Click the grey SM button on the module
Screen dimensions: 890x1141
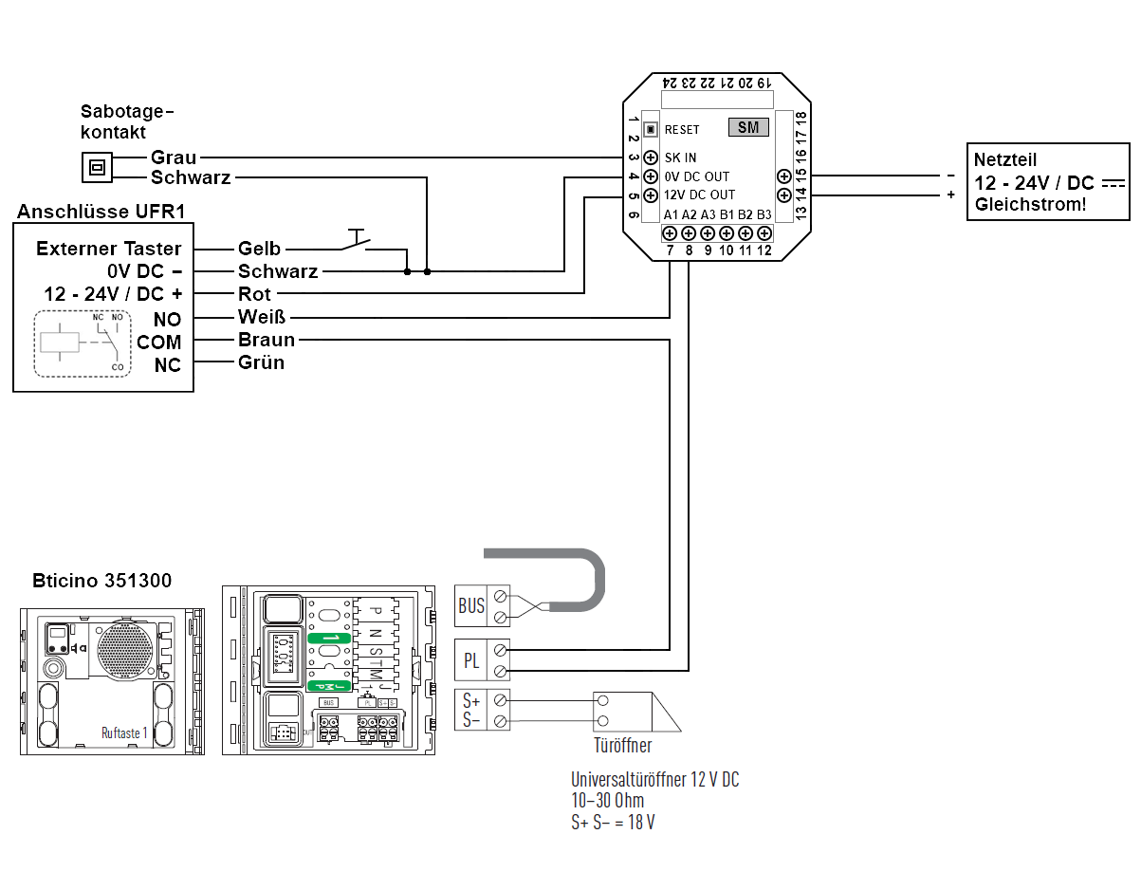[748, 127]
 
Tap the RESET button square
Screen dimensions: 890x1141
[651, 129]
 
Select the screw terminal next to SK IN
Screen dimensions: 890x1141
[651, 158]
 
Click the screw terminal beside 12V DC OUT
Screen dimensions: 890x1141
[651, 195]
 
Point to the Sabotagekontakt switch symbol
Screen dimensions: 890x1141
[96, 167]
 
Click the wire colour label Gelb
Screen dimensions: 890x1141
[259, 249]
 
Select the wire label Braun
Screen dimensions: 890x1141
[266, 340]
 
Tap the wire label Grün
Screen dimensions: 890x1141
[261, 362]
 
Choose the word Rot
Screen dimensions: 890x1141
[254, 294]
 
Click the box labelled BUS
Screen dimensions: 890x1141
[471, 605]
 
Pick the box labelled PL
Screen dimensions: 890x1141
[471, 660]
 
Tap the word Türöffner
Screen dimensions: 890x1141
[622, 746]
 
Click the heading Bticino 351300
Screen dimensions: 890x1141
[102, 580]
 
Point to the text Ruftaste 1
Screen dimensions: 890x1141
[124, 732]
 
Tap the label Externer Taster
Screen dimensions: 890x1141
[108, 249]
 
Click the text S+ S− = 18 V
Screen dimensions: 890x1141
[612, 822]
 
